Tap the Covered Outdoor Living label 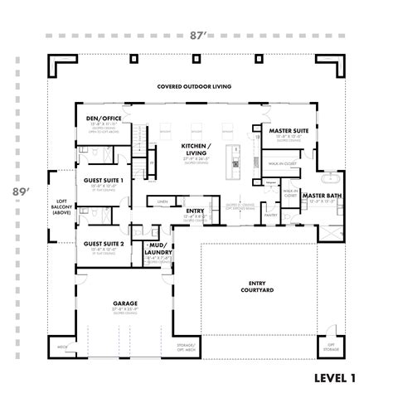[x=196, y=86]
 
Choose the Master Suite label [x=284, y=130]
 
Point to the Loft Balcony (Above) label [x=61, y=208]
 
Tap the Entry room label [x=196, y=211]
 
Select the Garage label [x=125, y=303]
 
